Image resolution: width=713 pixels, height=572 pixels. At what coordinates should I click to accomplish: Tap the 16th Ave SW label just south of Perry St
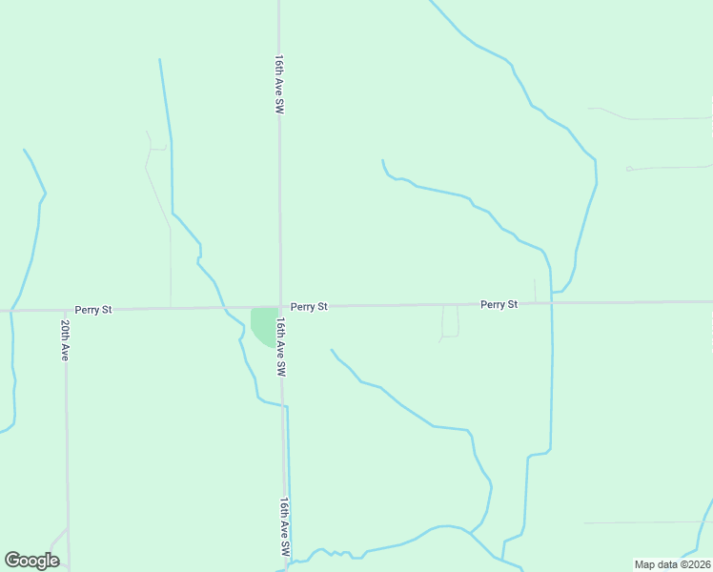pyautogui.click(x=281, y=347)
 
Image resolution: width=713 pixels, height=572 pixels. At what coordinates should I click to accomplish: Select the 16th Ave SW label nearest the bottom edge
pyautogui.click(x=284, y=526)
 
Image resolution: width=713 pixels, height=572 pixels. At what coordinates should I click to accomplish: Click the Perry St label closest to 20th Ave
pyautogui.click(x=93, y=310)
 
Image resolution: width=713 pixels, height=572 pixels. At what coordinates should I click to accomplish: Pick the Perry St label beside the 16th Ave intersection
pyautogui.click(x=309, y=307)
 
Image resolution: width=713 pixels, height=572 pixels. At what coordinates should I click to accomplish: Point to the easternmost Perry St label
pyautogui.click(x=499, y=304)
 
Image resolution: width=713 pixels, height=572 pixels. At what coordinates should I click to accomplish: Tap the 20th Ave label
pyautogui.click(x=65, y=339)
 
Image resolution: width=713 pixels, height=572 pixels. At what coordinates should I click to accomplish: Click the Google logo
pyautogui.click(x=32, y=561)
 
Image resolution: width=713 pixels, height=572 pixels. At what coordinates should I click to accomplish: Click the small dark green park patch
pyautogui.click(x=262, y=323)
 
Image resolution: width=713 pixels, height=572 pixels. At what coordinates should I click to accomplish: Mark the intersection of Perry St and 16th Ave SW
pyautogui.click(x=280, y=307)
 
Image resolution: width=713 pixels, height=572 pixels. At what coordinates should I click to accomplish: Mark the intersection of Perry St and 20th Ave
pyautogui.click(x=65, y=310)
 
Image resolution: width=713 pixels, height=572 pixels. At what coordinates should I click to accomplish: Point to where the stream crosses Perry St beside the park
pyautogui.click(x=226, y=308)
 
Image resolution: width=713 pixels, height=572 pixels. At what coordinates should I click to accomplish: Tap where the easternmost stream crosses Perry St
pyautogui.click(x=551, y=303)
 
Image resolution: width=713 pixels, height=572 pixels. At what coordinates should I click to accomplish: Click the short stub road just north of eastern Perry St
pyautogui.click(x=535, y=290)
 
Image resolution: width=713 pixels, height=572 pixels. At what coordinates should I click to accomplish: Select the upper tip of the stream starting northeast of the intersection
pyautogui.click(x=382, y=161)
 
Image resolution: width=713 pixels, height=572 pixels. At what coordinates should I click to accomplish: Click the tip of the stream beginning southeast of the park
pyautogui.click(x=332, y=350)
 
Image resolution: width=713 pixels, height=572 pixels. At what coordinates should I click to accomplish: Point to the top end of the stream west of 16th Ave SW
pyautogui.click(x=159, y=60)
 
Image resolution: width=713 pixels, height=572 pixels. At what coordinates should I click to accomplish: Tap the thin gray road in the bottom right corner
pyautogui.click(x=648, y=522)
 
